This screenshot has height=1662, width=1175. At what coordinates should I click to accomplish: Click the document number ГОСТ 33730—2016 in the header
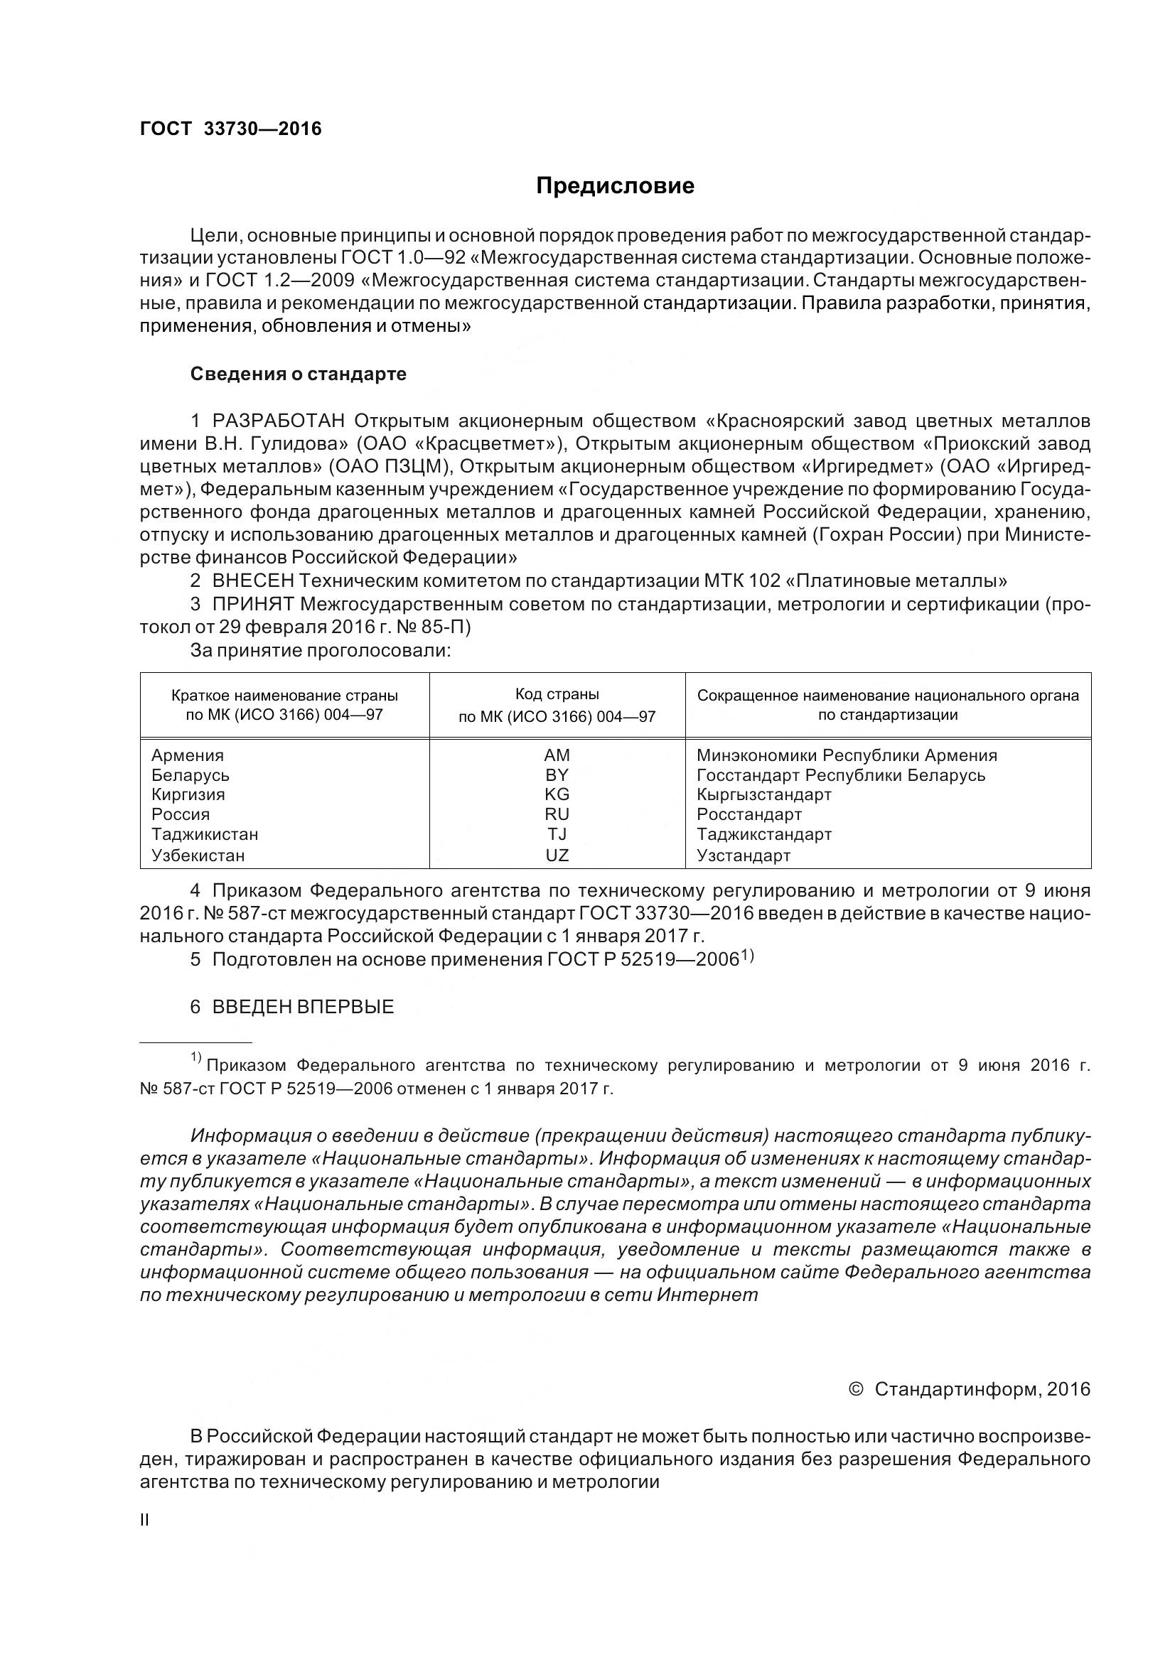tap(230, 129)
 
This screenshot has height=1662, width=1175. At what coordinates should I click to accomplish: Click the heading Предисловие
tap(615, 186)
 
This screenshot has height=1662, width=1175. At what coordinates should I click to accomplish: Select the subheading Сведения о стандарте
tap(299, 374)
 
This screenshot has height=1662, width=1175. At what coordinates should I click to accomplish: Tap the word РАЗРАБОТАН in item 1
tap(278, 421)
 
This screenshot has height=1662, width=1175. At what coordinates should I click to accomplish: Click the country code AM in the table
tap(557, 755)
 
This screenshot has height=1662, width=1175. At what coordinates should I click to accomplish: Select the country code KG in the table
tap(557, 794)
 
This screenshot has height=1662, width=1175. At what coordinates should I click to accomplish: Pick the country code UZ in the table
tap(557, 856)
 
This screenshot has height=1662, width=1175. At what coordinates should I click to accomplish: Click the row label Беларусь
tap(191, 775)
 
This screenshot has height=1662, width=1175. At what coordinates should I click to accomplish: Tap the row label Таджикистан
tap(205, 834)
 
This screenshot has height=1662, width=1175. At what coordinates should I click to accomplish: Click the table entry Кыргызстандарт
tap(764, 794)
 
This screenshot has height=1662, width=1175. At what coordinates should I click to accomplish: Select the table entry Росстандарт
tap(749, 814)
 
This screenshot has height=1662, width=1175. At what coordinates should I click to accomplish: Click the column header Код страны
tap(557, 694)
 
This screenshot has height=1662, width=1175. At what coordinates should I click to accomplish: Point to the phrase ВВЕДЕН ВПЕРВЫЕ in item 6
tap(303, 1007)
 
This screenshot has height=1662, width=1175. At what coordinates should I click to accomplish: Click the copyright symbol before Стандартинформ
tap(855, 1389)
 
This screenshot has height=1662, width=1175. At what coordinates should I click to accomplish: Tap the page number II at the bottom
tap(144, 1520)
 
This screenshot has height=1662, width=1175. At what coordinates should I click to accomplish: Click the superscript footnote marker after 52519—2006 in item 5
tap(747, 956)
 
